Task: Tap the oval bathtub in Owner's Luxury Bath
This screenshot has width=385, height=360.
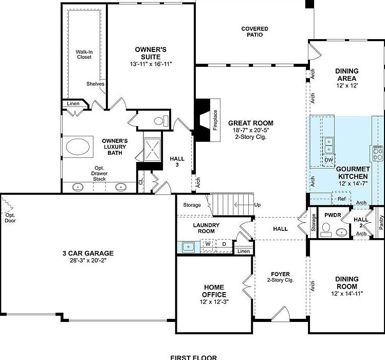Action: tap(79, 147)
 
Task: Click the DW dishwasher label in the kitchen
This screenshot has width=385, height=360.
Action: tap(329, 160)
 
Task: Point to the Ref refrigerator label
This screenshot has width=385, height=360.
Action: tap(341, 199)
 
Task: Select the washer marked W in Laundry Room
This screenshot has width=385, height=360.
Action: tap(209, 244)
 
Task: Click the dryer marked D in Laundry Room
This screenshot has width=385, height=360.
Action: tap(224, 244)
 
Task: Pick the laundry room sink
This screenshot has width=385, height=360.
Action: tap(188, 247)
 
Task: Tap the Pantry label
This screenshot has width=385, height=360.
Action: tap(381, 223)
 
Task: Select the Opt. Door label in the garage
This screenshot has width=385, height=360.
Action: tap(10, 218)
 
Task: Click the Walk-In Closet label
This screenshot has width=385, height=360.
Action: tap(83, 55)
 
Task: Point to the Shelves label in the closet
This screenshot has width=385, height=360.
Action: tap(96, 84)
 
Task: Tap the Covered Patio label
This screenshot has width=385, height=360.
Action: tap(255, 31)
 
